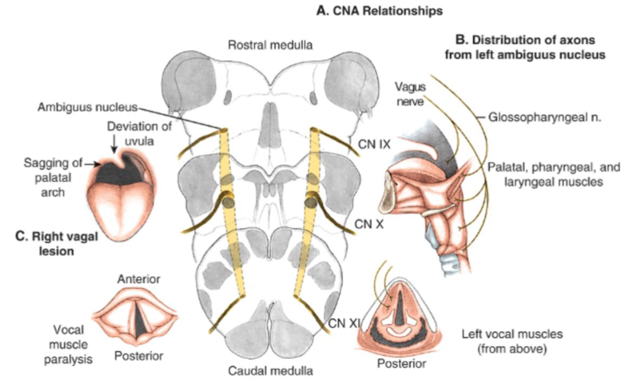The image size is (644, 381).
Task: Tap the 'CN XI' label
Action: [342, 322]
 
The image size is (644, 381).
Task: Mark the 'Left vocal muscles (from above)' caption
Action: [512, 341]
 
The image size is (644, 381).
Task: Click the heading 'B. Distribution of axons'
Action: [525, 41]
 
